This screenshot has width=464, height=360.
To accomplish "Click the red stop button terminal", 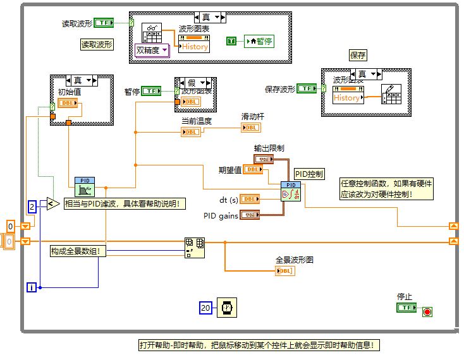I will tap(427, 311).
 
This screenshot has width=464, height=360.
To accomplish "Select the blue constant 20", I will tap(205, 308).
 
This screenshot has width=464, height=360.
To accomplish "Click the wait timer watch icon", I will tap(226, 308).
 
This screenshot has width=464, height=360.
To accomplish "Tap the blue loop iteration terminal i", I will tap(32, 287).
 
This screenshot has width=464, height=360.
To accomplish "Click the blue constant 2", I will tap(32, 206).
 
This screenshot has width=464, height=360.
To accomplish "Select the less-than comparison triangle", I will tap(52, 203).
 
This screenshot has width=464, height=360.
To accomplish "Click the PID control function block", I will tap(291, 191).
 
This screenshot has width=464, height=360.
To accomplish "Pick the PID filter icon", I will tap(84, 187).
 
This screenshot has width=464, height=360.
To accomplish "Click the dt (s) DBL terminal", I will tap(250, 199).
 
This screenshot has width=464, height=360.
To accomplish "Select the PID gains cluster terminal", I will tap(250, 215).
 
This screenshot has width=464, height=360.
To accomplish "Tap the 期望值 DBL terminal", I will tap(253, 169).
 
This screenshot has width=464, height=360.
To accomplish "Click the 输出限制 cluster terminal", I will tap(264, 159).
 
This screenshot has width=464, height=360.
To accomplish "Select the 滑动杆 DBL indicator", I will tap(250, 128).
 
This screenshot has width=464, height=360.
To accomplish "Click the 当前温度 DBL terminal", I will tap(191, 132).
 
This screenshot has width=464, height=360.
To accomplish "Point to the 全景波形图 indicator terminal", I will tap(284, 271).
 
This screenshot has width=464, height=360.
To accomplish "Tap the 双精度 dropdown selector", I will tap(152, 50).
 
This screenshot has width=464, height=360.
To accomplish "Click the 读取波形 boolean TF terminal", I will tap(104, 23).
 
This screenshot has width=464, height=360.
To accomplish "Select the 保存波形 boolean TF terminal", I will tap(307, 89).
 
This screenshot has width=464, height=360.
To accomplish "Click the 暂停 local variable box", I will tap(259, 41).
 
